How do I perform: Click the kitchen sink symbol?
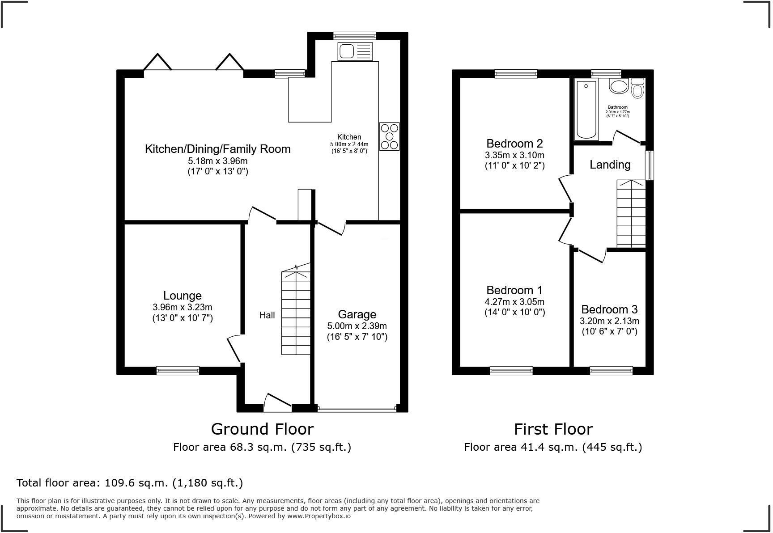click(355, 51)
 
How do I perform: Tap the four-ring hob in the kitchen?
click(389, 136)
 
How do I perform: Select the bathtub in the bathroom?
click(586, 110)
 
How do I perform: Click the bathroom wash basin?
click(619, 86)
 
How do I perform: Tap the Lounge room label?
click(183, 296)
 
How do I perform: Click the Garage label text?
click(357, 314)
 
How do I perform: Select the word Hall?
click(267, 315)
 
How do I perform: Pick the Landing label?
click(610, 165)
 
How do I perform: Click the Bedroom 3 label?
click(609, 309)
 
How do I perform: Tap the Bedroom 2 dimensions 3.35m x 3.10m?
click(514, 155)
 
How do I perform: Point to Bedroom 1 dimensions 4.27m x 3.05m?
click(514, 302)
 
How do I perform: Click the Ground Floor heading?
click(262, 429)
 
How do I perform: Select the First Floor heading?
click(553, 429)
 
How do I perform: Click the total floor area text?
click(130, 483)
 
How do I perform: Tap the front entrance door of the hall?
click(277, 402)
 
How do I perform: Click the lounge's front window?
click(178, 370)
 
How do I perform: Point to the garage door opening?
click(357, 408)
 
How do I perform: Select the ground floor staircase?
click(296, 309)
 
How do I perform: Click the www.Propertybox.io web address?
click(319, 516)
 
